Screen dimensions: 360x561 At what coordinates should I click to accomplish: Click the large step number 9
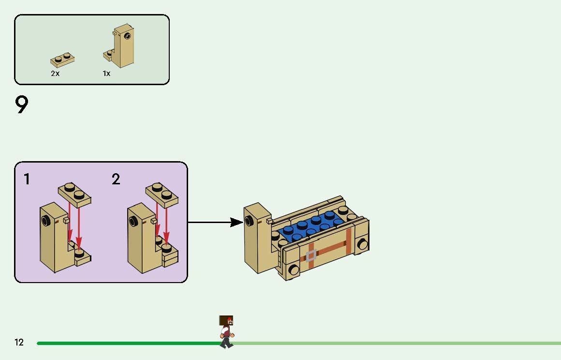click(22, 105)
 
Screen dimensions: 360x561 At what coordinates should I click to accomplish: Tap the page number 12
click(19, 343)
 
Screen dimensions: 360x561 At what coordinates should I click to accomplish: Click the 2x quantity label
click(55, 74)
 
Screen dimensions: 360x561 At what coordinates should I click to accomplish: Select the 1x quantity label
click(106, 74)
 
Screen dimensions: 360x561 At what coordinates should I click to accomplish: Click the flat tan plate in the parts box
click(62, 60)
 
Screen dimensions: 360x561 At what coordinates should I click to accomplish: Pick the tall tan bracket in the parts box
click(123, 46)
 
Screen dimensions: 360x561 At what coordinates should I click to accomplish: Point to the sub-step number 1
click(27, 180)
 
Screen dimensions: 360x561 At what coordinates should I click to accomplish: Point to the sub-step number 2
click(116, 180)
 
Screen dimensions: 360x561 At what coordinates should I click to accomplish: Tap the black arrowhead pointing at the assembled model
click(236, 222)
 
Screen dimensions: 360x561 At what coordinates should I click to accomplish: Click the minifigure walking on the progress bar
click(226, 331)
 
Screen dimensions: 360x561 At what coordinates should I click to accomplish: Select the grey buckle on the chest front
click(310, 255)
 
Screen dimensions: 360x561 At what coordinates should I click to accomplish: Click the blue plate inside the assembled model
click(310, 227)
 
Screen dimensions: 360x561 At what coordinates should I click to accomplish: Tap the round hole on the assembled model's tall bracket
click(250, 221)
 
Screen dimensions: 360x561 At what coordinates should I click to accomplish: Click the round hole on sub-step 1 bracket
click(46, 222)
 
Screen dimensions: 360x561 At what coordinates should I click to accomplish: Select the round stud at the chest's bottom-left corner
click(293, 270)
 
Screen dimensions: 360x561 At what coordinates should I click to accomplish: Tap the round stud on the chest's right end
click(362, 244)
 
